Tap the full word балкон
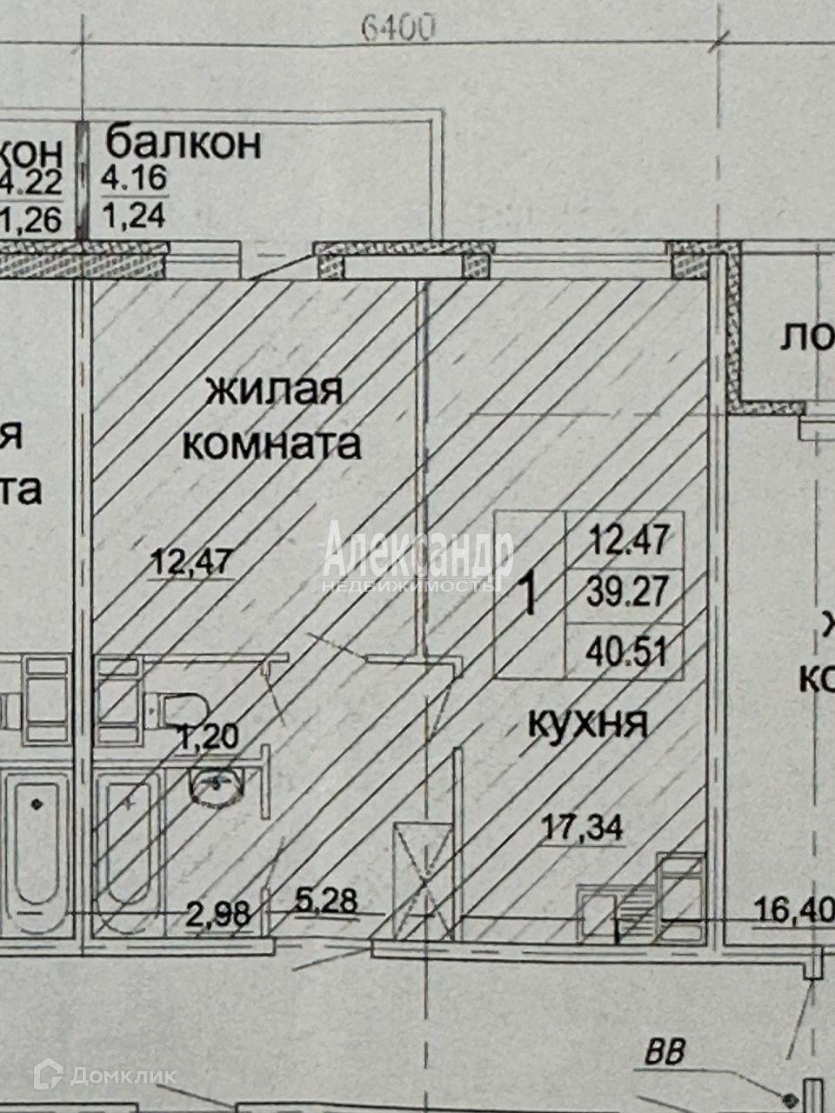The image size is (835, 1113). click(x=183, y=141)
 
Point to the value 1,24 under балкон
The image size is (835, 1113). click(x=134, y=213)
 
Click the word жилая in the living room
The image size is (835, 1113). click(x=273, y=391)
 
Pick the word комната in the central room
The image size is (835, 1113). click(x=271, y=445)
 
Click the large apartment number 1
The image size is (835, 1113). click(x=527, y=596)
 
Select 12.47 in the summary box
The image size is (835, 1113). click(x=629, y=541)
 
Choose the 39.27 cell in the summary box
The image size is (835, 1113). click(x=629, y=594)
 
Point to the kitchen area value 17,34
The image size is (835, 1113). click(x=584, y=827)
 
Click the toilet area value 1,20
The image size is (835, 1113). click(x=207, y=738)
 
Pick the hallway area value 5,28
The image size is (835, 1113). click(x=325, y=900)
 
